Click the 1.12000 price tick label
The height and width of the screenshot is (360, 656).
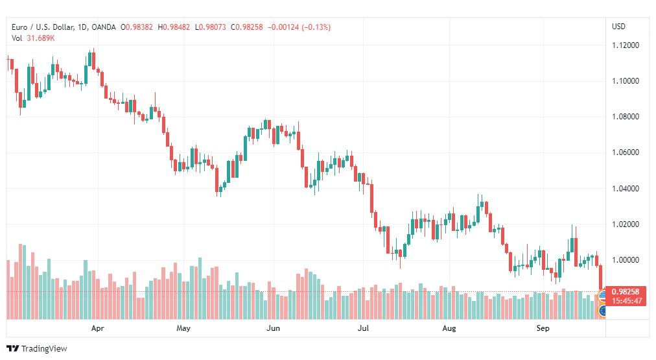(626, 45)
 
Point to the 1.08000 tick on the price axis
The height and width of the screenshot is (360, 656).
(626, 116)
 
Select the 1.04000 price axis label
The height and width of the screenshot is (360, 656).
(626, 188)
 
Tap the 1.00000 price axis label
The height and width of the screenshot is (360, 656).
(626, 260)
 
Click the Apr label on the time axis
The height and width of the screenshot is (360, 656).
(97, 328)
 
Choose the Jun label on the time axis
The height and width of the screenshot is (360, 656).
(273, 328)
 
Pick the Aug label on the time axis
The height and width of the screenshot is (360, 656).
(449, 328)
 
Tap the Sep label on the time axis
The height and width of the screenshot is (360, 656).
(543, 328)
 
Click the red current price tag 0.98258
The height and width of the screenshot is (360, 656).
(626, 292)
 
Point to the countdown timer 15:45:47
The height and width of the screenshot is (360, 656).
(626, 301)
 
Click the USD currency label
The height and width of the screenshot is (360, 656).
(619, 27)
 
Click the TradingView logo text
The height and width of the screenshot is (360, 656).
(44, 349)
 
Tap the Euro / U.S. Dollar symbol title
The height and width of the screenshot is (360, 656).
(43, 27)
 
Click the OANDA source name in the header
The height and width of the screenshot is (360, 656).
(103, 27)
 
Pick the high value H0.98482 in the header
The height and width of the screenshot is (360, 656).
(174, 27)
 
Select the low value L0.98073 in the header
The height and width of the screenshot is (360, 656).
(211, 27)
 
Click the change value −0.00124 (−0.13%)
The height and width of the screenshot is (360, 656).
(299, 27)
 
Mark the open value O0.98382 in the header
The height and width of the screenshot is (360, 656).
(137, 27)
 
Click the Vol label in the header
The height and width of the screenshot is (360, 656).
(17, 38)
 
